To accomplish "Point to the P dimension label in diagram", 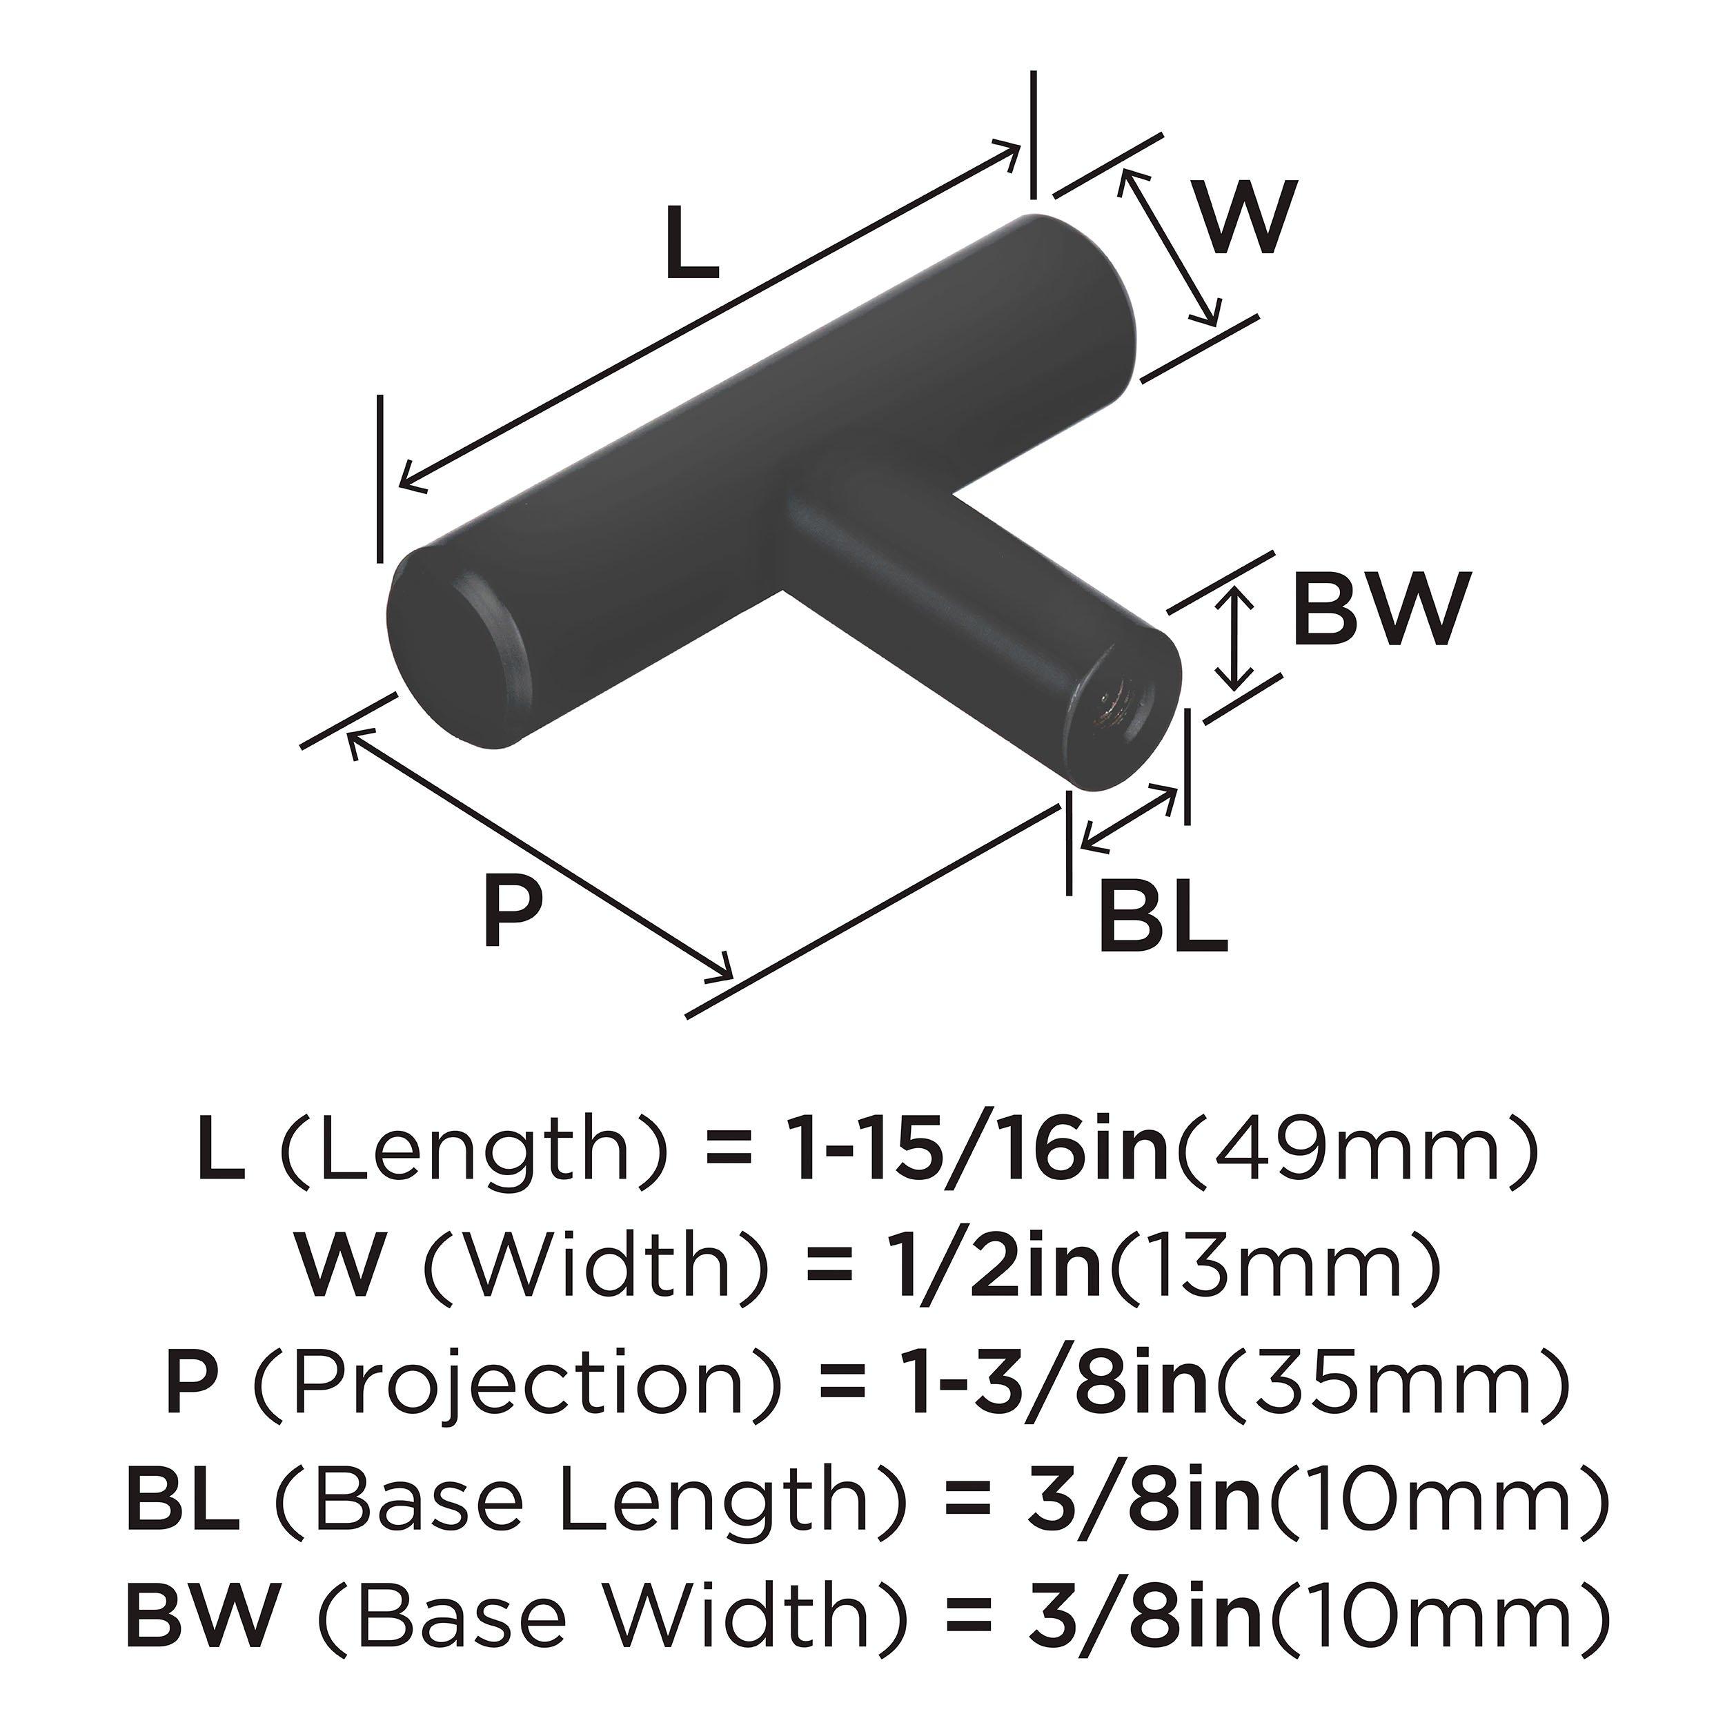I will (x=511, y=911).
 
